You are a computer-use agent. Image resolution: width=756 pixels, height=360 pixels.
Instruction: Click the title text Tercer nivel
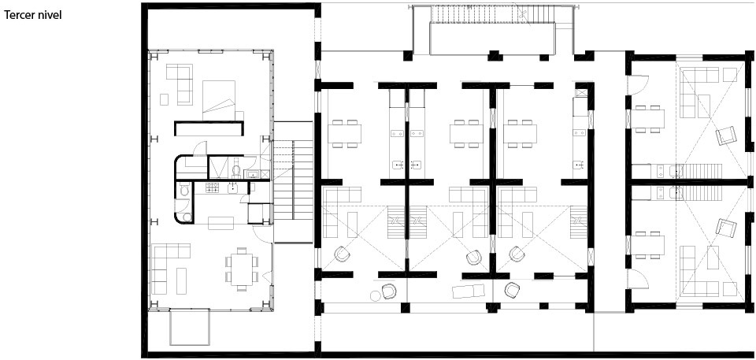(33, 16)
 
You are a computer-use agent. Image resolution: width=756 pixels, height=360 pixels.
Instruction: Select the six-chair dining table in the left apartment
(242, 269)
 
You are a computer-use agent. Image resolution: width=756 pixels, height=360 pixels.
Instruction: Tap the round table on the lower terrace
(375, 295)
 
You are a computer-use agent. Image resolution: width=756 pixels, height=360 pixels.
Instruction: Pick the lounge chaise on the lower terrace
(468, 291)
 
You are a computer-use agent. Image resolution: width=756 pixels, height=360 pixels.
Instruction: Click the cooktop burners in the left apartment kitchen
(213, 187)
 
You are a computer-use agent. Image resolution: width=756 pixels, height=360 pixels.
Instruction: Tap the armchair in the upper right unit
(726, 135)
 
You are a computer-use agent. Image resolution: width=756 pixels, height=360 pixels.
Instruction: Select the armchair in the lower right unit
(726, 228)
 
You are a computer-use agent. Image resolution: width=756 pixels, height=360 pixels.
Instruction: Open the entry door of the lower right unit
(637, 279)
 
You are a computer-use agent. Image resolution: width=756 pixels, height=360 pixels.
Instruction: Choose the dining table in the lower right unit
(648, 245)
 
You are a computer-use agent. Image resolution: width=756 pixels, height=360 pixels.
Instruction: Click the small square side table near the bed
(164, 99)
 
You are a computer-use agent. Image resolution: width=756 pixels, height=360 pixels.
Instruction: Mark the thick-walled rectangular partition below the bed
(209, 128)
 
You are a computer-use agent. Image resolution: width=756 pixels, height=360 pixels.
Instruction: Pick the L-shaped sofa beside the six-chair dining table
(171, 269)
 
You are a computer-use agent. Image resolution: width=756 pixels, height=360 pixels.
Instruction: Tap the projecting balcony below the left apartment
(190, 328)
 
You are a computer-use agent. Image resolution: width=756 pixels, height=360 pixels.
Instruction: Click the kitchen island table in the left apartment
(220, 223)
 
